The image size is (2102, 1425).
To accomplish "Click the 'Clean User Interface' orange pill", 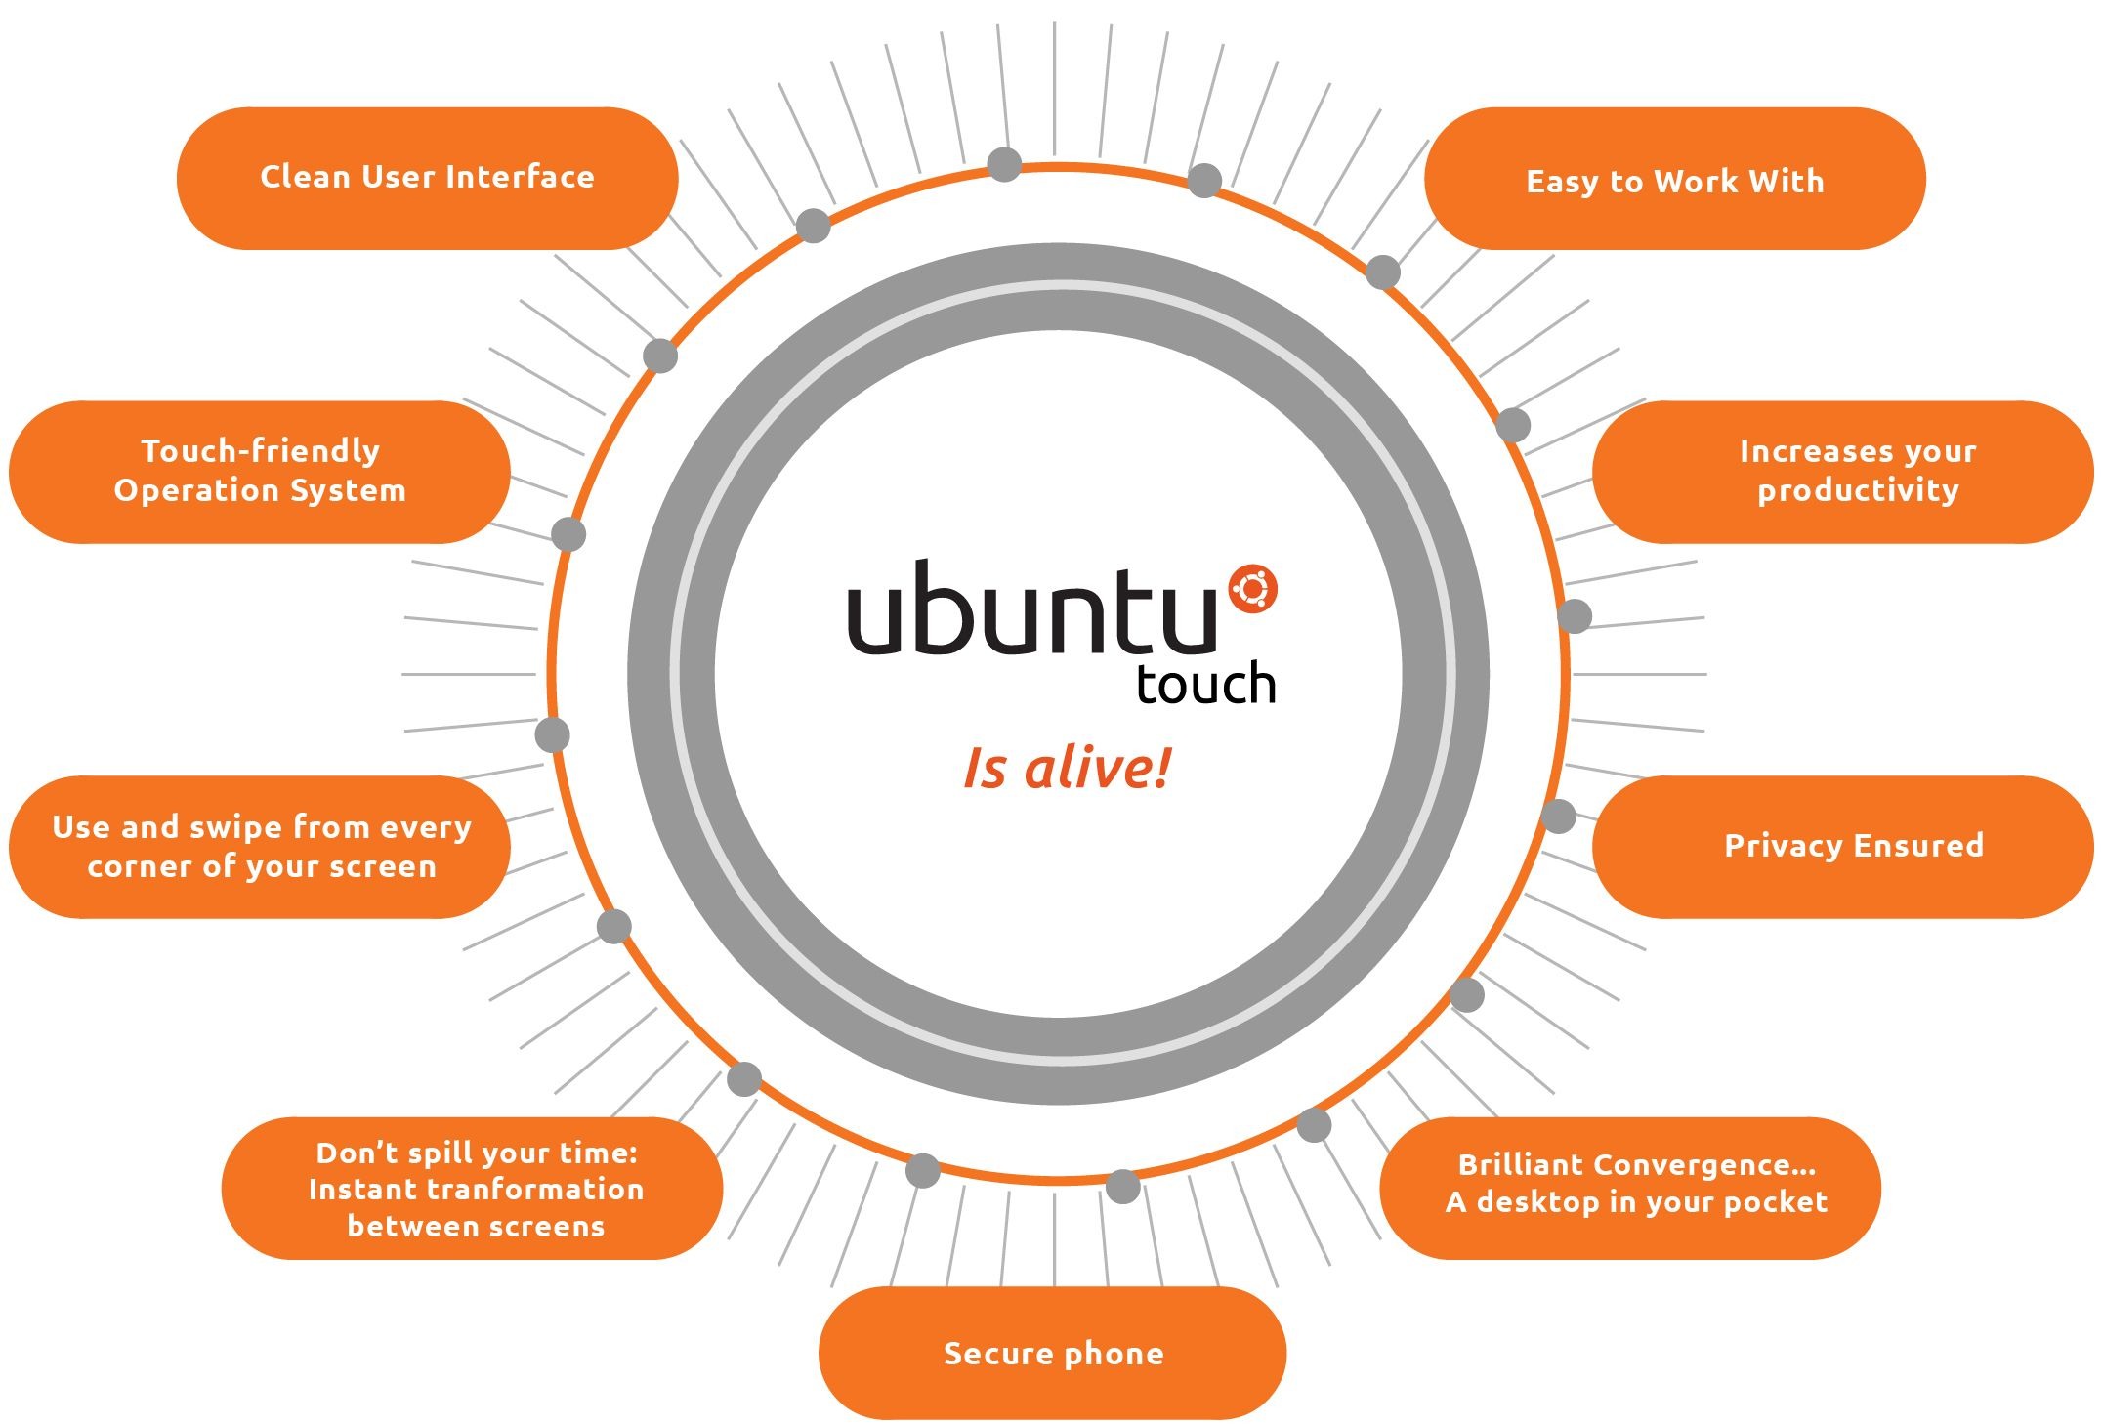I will coord(427,178).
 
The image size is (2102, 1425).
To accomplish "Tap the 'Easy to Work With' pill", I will coord(1674,180).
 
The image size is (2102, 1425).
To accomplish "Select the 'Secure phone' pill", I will coord(1052,1353).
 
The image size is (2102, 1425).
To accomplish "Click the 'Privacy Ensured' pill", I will coord(1843,846).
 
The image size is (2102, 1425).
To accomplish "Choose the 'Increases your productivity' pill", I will coord(1843,471).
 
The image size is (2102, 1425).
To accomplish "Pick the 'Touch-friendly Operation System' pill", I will coord(259,471).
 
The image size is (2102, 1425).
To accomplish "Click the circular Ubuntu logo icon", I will coord(1253,590).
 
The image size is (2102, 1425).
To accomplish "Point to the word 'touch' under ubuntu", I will coord(1206,683).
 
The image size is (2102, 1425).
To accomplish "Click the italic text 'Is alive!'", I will coord(1067,769).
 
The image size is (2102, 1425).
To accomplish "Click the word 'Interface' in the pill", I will coord(521,177).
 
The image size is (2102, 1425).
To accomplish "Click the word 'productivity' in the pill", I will coord(1858,490).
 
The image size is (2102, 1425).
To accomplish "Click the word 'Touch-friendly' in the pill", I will coord(260,451).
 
